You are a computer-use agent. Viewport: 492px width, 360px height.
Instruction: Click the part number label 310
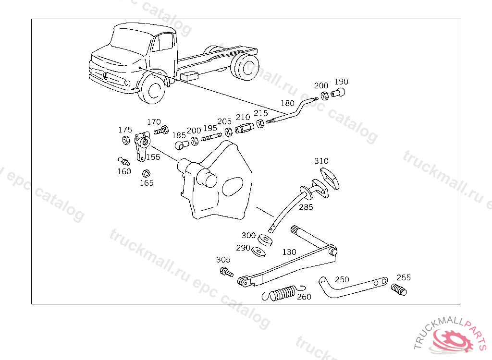coord(321,161)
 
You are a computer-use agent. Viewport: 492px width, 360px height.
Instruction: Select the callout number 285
coord(306,207)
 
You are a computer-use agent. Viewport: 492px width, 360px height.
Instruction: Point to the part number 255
coord(404,277)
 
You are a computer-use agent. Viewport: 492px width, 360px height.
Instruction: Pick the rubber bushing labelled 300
coord(265,239)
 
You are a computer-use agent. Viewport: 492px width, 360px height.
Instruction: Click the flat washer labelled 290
coord(260,251)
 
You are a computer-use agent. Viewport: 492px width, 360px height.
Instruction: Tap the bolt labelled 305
coord(225,272)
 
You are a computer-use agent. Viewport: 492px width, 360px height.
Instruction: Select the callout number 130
coord(289,252)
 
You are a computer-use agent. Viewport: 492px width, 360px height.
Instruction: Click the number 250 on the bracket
coord(342,280)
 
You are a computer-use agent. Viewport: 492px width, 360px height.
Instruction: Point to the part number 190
coord(341,82)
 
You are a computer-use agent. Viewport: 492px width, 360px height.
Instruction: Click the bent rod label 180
coord(287,103)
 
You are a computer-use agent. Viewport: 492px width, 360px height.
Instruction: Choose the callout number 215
coord(260,113)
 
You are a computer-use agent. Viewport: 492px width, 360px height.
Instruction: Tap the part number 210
coord(243,117)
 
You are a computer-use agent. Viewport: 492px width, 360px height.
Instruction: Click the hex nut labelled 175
coord(125,140)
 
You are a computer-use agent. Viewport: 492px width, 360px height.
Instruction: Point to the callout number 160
coord(124,171)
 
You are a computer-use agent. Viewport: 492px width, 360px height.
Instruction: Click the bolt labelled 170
coord(161,130)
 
